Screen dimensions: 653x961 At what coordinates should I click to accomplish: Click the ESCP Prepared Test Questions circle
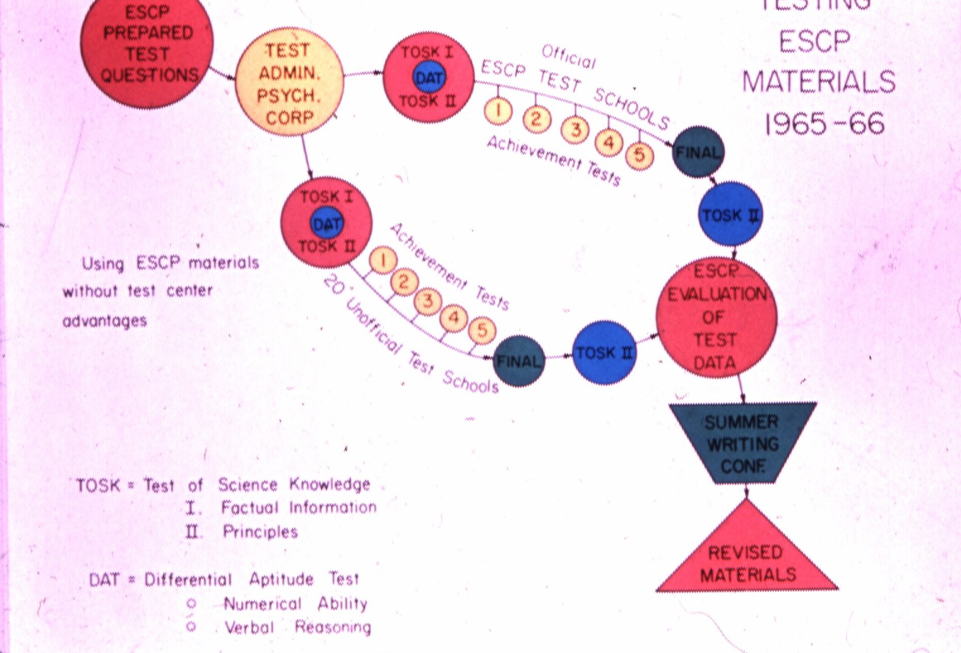coord(147,53)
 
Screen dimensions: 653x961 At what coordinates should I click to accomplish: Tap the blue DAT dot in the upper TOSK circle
coord(429,78)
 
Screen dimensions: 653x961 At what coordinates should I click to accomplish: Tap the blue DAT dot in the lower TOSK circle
coord(327,223)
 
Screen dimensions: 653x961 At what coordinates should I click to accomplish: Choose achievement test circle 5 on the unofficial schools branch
coord(482,330)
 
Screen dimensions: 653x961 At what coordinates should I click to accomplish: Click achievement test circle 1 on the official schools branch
coord(498,110)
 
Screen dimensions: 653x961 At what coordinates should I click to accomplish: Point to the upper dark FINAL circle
coord(698,152)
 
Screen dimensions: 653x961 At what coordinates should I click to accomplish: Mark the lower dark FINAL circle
coord(518,361)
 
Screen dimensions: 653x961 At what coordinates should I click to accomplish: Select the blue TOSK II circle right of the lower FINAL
coord(604,352)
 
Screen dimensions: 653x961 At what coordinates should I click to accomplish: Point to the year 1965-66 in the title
coord(824,123)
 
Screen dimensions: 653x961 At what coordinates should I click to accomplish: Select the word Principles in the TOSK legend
coord(260,532)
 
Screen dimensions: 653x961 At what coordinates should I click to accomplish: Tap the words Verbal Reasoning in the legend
coord(298,628)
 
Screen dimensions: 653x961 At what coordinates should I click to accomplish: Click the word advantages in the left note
coord(105,321)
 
